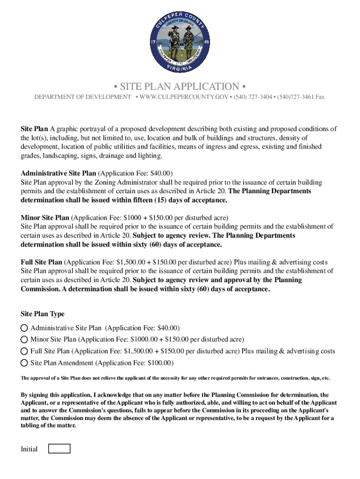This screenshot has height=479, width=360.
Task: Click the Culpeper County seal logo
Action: (x=180, y=42)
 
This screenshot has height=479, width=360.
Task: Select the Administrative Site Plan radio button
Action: (x=24, y=328)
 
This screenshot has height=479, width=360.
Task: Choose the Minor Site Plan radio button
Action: (x=24, y=340)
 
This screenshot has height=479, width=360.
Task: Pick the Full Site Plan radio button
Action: (x=24, y=351)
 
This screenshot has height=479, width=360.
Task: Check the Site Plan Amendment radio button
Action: (x=24, y=363)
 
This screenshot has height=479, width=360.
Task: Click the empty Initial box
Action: (x=60, y=449)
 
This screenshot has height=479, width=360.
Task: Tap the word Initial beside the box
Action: (x=29, y=450)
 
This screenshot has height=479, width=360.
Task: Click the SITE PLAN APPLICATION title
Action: (x=180, y=87)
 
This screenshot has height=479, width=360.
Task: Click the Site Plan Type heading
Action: (x=43, y=314)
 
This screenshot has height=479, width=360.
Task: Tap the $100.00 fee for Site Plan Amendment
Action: (x=160, y=363)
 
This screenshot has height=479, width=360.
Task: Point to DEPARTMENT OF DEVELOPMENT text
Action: (x=83, y=97)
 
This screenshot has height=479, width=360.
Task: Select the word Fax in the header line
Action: (x=320, y=97)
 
